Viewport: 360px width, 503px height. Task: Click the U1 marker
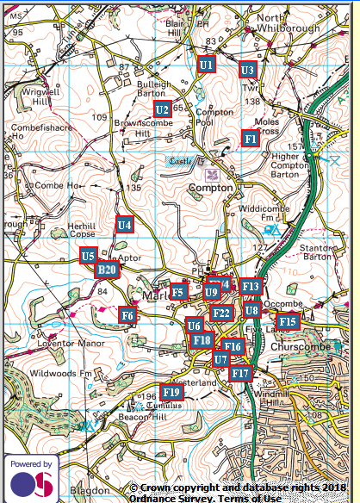(206, 65)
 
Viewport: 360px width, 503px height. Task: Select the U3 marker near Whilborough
(248, 70)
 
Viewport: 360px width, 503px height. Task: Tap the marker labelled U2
(162, 109)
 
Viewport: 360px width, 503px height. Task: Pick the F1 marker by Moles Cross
(250, 138)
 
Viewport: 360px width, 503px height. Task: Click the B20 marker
(106, 270)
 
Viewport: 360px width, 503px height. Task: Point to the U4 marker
(125, 225)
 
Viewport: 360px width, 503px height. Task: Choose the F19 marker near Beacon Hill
(172, 393)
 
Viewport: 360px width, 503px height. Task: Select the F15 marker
(288, 321)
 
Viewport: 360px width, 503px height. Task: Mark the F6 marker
(127, 316)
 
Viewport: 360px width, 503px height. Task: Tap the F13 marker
(251, 286)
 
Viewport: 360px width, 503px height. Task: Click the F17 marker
(240, 374)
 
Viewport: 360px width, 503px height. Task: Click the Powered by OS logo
(32, 476)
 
